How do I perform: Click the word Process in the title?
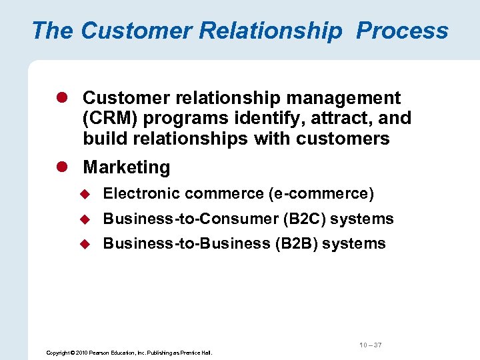coord(402,31)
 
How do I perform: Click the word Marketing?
coord(126,167)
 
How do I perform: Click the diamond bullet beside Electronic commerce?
coord(85,194)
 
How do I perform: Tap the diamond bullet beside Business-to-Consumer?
coord(85,219)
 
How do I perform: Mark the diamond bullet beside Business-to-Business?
coord(85,243)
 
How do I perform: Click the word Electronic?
coord(141,194)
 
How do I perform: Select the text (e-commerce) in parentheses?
coord(321,194)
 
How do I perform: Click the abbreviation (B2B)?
coord(296,243)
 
